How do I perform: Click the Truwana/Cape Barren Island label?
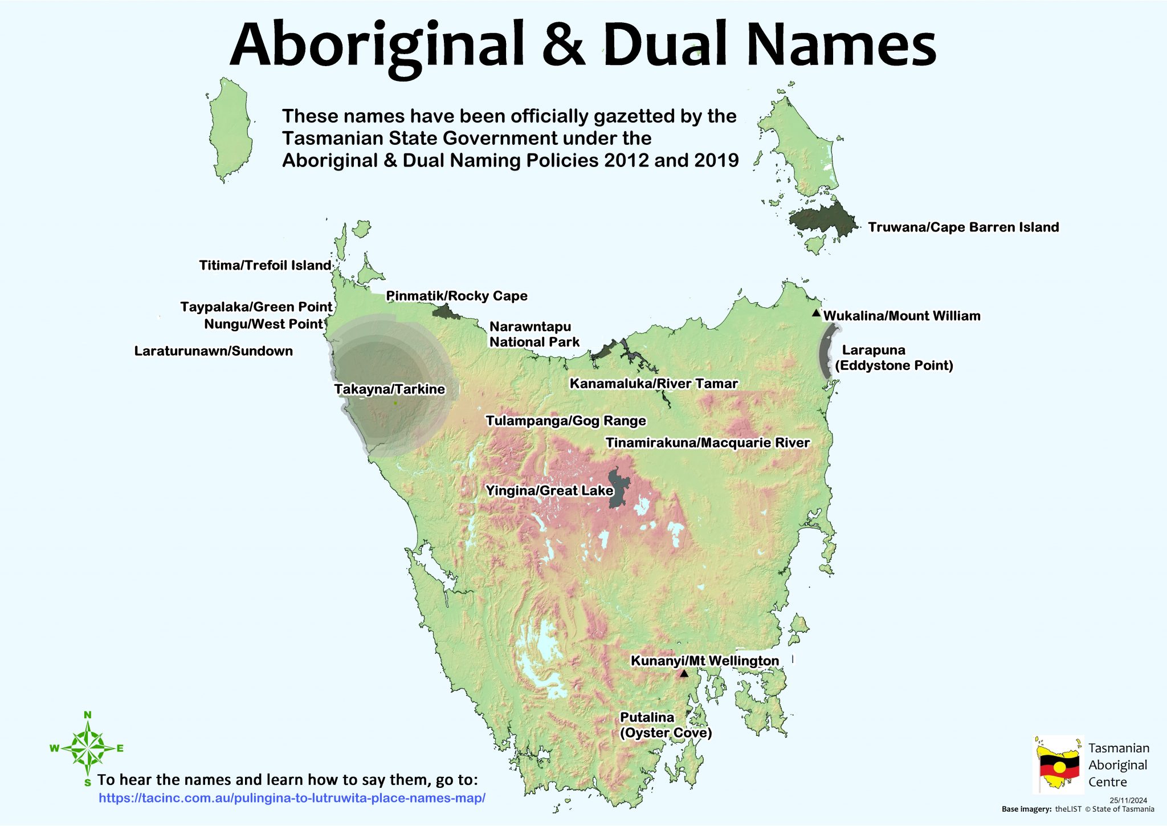[963, 227]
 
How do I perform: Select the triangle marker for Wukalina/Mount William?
[816, 313]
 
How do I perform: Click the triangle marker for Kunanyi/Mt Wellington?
[684, 674]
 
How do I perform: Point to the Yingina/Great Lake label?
[549, 490]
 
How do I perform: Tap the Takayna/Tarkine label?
[389, 389]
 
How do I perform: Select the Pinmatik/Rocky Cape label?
[456, 296]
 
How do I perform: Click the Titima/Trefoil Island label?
[265, 265]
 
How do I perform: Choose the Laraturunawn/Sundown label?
[213, 351]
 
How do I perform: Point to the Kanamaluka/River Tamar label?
[654, 384]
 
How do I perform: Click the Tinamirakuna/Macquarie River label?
[707, 442]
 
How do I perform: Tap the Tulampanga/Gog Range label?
[565, 421]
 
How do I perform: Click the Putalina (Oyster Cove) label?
[665, 725]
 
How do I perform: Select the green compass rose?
[87, 748]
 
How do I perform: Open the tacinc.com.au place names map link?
[292, 797]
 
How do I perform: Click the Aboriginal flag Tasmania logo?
[1058, 764]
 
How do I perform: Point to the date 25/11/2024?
[1128, 800]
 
